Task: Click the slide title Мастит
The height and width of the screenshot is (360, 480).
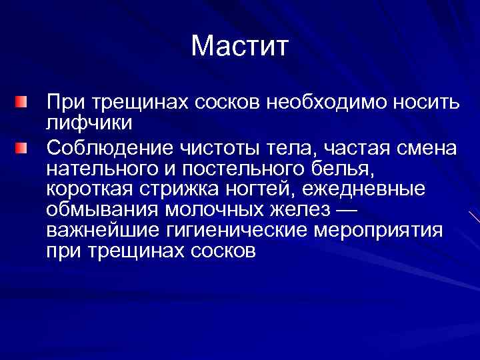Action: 239,46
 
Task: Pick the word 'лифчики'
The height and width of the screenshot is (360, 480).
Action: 89,124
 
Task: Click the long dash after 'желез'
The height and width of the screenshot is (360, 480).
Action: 345,210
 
